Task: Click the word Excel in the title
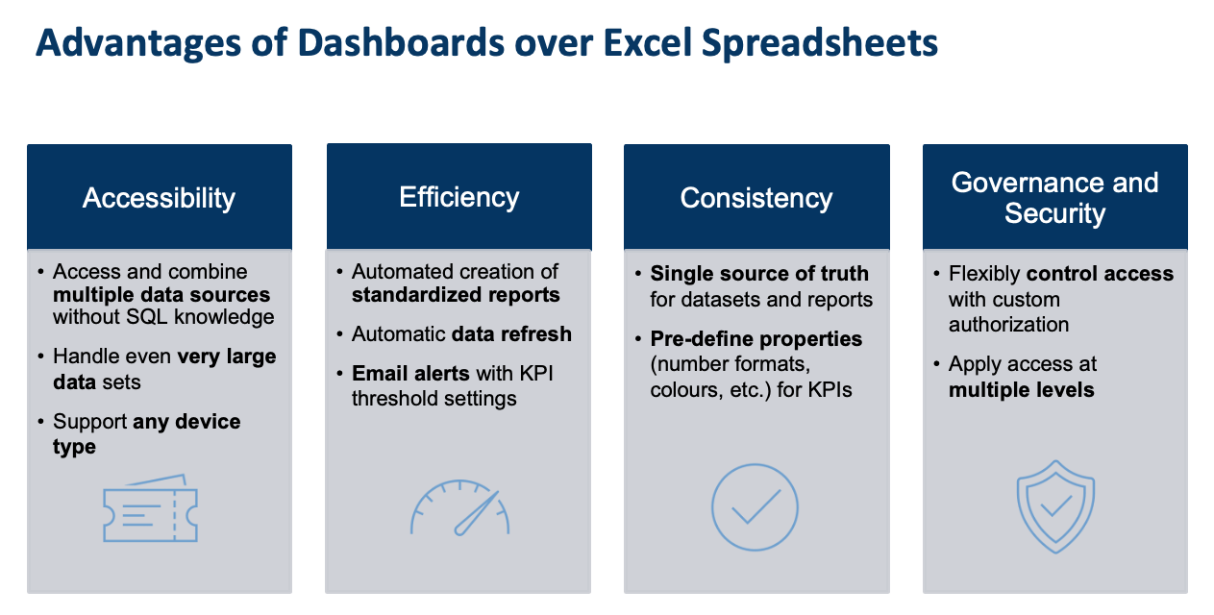pos(647,43)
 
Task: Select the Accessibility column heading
pos(159,198)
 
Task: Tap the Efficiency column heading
pos(459,197)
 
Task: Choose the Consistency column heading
pos(756,198)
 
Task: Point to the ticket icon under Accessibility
pos(150,508)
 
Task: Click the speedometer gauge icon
pos(459,507)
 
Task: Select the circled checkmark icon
pos(755,507)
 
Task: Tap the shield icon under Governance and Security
pos(1055,507)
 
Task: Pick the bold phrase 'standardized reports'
pos(456,295)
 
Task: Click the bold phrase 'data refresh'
pos(511,334)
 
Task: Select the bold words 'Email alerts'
pos(410,374)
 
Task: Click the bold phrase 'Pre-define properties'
pos(756,339)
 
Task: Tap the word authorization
pos(1008,325)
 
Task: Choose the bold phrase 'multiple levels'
pos(1021,390)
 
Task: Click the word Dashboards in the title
pos(401,43)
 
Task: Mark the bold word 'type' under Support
pos(74,448)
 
